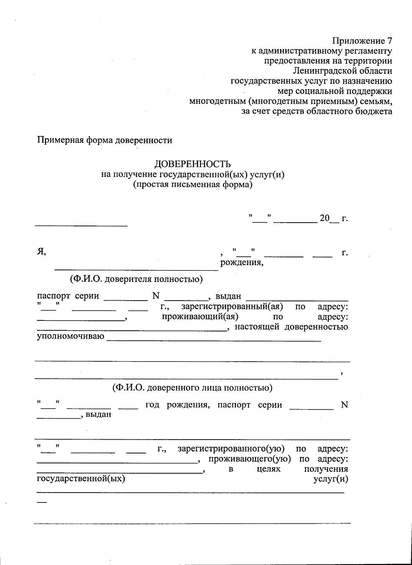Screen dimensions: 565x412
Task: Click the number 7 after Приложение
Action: coord(389,41)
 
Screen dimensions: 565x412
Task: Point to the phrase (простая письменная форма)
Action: coord(193,185)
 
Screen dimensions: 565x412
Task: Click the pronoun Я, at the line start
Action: coord(42,252)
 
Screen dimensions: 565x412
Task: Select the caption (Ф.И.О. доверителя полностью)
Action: coord(136,279)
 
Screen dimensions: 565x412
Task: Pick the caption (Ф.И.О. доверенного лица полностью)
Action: coord(192,388)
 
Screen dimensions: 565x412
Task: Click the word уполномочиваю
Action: coord(70,336)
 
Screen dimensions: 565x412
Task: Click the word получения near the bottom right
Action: coord(326,469)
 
